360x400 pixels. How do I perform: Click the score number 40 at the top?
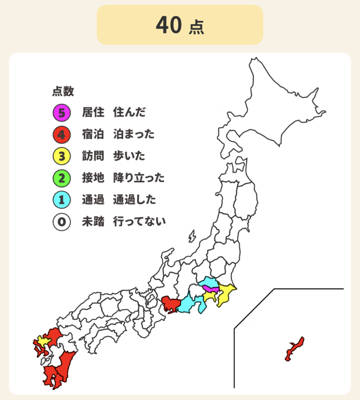[x=169, y=25]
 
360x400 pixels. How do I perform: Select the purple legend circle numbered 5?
[x=61, y=112]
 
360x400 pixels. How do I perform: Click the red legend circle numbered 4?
[x=61, y=135]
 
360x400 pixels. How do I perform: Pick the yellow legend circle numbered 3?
[x=61, y=156]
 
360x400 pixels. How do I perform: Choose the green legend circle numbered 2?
[x=61, y=178]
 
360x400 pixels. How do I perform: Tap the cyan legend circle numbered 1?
[x=61, y=200]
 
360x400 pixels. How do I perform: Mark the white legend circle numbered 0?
[x=61, y=222]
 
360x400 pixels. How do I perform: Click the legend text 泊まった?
[x=134, y=135]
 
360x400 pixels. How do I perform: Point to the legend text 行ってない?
[x=139, y=222]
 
